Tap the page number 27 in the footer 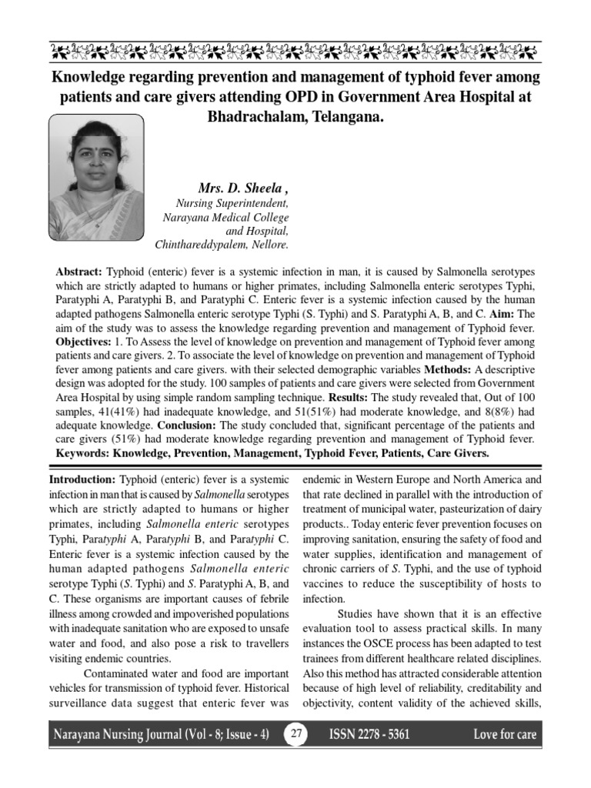coord(295,734)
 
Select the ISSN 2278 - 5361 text coord(369,734)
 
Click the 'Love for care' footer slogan coord(506,734)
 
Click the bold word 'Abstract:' coord(79,273)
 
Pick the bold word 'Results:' coord(352,398)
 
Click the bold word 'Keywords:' coord(84,453)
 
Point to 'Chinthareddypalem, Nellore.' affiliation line coord(222,245)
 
